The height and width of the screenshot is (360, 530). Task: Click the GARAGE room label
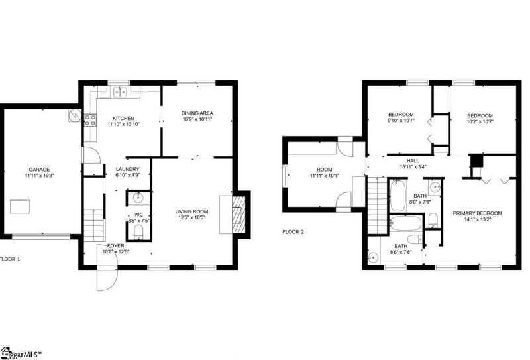pos(38,170)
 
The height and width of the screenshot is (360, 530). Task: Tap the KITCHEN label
pos(123,119)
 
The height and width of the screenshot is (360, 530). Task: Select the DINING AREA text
pos(197,113)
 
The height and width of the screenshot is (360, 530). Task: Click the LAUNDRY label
pos(127,168)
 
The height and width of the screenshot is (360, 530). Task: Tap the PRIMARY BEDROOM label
pos(477,213)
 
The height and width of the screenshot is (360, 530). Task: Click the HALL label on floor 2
pos(413,160)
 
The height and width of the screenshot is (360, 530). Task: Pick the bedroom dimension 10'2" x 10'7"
pos(480,121)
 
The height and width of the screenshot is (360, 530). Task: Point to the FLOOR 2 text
pos(293,232)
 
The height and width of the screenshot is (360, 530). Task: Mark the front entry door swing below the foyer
pos(106,277)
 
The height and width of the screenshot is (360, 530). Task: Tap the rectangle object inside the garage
pos(19,206)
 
